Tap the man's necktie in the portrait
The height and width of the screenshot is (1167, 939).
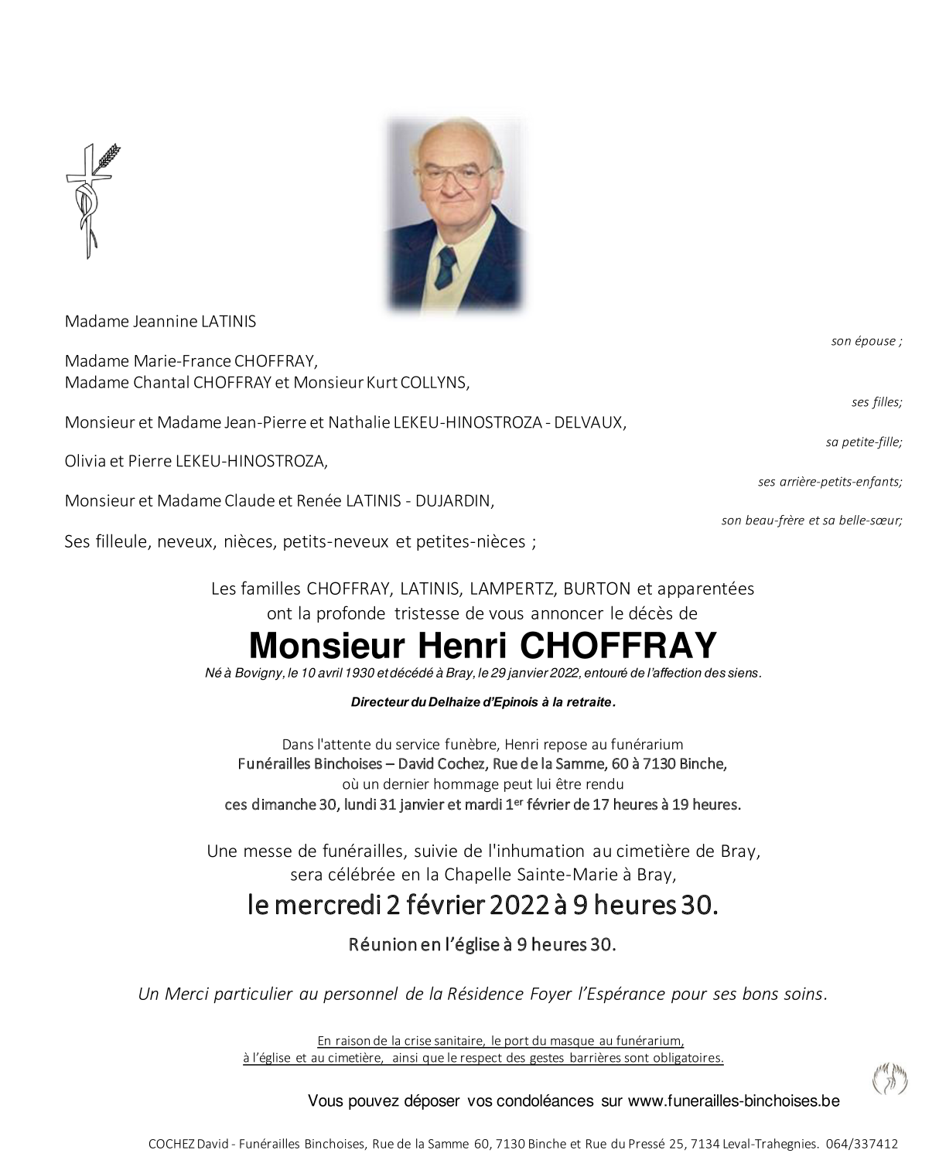pos(447,267)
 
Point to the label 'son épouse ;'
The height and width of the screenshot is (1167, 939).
pos(866,341)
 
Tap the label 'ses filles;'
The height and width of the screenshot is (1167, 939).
pos(876,402)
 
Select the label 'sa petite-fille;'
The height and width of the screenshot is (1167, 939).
pos(863,442)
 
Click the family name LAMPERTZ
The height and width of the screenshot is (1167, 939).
pos(512,589)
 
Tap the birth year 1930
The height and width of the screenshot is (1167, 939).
pos(357,674)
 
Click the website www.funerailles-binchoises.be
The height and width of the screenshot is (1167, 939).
pos(733,1101)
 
